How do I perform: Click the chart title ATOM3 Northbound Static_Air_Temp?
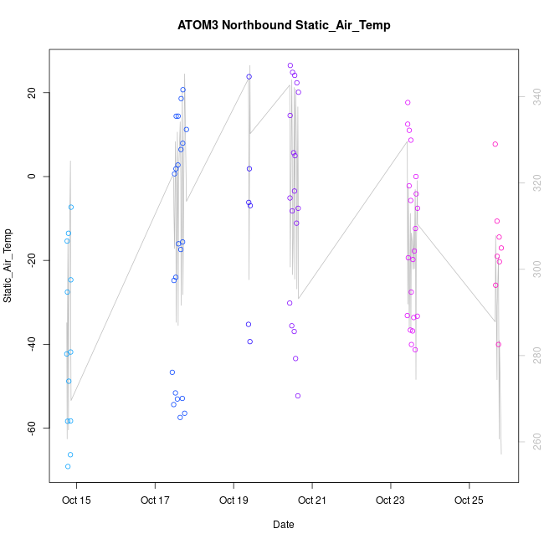pyautogui.click(x=284, y=25)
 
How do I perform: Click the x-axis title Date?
pyautogui.click(x=283, y=525)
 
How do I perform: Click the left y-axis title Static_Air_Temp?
pyautogui.click(x=8, y=265)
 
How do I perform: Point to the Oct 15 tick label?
pyautogui.click(x=77, y=501)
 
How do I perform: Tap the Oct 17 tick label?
pyautogui.click(x=155, y=501)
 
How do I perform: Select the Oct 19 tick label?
pyautogui.click(x=234, y=501)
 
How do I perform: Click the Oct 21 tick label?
pyautogui.click(x=312, y=501)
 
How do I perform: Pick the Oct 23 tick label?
pyautogui.click(x=390, y=501)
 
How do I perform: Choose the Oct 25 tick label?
pyautogui.click(x=469, y=501)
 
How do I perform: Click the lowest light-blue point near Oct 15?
pyautogui.click(x=68, y=466)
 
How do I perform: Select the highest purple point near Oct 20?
pyautogui.click(x=290, y=65)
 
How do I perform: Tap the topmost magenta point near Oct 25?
pyautogui.click(x=495, y=144)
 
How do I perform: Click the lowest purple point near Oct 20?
pyautogui.click(x=298, y=396)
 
